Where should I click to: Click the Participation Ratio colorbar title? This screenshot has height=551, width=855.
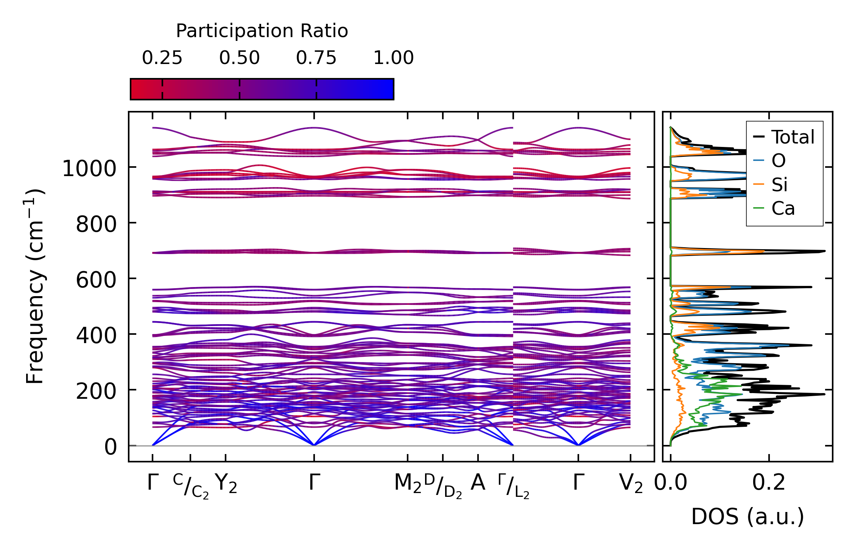point(262,31)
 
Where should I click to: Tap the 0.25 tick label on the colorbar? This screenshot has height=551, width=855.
point(162,58)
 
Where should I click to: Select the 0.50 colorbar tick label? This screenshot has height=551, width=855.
point(239,58)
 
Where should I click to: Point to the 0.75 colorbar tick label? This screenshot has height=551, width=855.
point(316,58)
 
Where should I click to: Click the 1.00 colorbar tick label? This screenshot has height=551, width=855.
point(393,58)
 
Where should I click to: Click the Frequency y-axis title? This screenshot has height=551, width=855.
point(35,286)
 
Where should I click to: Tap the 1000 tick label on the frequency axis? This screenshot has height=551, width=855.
point(89,169)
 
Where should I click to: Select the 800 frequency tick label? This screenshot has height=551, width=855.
point(96,224)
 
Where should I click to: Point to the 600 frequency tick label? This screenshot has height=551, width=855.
point(96,280)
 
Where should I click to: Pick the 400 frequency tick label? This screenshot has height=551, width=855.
point(96,336)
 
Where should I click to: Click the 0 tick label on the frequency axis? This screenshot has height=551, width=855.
point(111,447)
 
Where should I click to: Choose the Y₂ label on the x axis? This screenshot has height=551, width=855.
point(226,484)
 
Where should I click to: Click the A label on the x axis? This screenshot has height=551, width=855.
point(478,483)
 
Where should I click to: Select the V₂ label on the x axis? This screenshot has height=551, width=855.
point(631,484)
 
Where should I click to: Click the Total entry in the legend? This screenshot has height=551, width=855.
point(793,137)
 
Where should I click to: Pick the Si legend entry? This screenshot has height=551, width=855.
point(779,185)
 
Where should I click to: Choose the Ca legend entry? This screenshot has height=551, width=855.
point(783,208)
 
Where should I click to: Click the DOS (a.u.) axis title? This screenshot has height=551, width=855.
point(748,517)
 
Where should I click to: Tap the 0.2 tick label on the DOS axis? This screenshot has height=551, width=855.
point(769,483)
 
